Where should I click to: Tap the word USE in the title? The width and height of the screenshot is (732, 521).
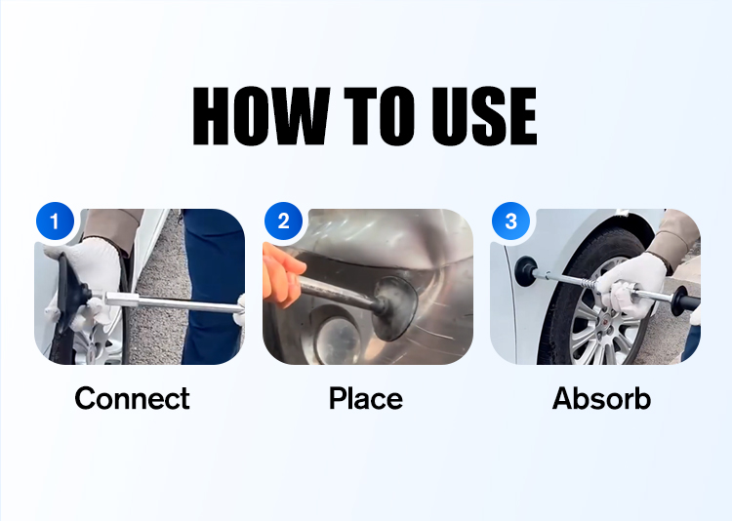click(x=484, y=116)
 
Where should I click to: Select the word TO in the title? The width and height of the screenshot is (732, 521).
click(x=379, y=116)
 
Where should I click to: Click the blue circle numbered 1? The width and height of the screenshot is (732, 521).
click(x=55, y=220)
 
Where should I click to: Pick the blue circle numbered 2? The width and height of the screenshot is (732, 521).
click(x=283, y=220)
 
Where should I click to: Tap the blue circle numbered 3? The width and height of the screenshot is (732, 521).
click(x=511, y=220)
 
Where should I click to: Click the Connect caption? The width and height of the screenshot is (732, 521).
click(x=132, y=398)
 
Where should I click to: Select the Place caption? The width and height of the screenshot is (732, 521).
click(x=366, y=398)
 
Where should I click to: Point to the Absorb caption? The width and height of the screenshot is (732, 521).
click(x=601, y=398)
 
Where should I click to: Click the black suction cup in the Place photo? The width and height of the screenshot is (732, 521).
click(x=394, y=308)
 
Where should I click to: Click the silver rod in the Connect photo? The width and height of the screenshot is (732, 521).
click(x=174, y=303)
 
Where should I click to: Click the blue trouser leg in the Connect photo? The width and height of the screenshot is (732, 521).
click(x=213, y=286)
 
